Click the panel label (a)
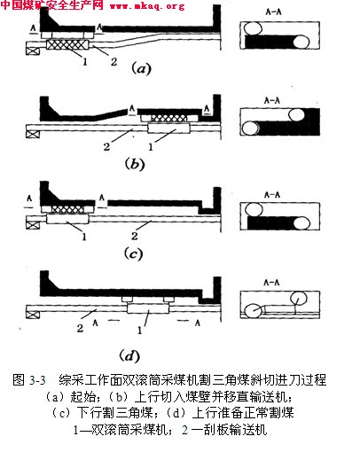pos(141,68)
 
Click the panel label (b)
pos(135,164)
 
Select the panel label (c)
pos(134,254)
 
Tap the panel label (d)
pos(129,355)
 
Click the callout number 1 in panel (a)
pos(85,61)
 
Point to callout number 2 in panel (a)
pos(113,61)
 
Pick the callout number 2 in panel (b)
pos(106,146)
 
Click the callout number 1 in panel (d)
pos(139,330)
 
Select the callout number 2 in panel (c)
pos(135,236)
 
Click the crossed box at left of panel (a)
pos(33,51)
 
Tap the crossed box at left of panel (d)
pos(33,314)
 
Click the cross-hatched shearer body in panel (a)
pos(67,45)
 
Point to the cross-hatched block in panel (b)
pos(169,119)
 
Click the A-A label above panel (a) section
pos(273,12)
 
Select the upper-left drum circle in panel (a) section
pos(253,28)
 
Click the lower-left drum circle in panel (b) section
pos(250,129)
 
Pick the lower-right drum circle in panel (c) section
pos(301,224)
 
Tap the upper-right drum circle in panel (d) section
pos(298,299)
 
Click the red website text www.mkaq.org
pos(147,6)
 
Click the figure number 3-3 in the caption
pos(37,380)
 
